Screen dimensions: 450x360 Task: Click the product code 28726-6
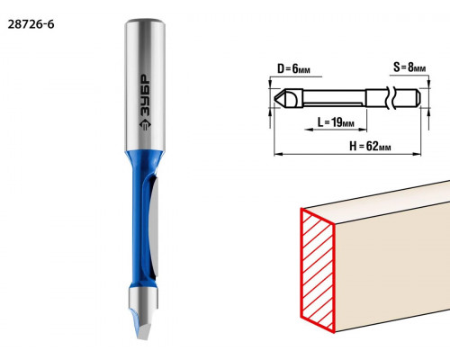[31, 24]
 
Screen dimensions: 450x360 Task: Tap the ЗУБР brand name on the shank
[145, 95]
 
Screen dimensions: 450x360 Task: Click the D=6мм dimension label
[293, 68]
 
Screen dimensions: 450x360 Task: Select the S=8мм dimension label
[409, 67]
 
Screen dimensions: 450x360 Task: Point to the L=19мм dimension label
[336, 122]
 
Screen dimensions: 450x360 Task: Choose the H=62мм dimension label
[370, 146]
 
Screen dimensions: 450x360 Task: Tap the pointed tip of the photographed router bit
[141, 338]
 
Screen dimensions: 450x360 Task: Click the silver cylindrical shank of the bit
[145, 85]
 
